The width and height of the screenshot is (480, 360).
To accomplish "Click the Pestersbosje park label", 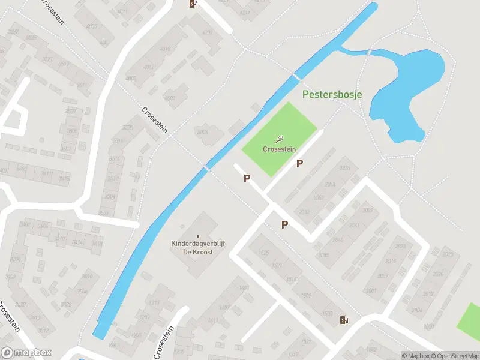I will pyautogui.click(x=332, y=94).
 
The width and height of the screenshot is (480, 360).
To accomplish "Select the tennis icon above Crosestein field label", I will pyautogui.click(x=278, y=139).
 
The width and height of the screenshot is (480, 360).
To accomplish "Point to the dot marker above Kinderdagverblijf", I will pyautogui.click(x=198, y=236).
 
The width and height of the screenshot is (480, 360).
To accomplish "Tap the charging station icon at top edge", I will pyautogui.click(x=193, y=4).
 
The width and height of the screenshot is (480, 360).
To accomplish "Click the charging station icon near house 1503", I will pyautogui.click(x=344, y=320).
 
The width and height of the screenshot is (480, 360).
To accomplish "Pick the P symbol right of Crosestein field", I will pyautogui.click(x=299, y=163).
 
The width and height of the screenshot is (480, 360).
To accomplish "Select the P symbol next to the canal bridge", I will pyautogui.click(x=247, y=178).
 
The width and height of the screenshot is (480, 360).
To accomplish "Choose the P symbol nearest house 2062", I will pyautogui.click(x=285, y=224).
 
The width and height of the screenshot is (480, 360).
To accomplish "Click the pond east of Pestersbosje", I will pyautogui.click(x=408, y=96).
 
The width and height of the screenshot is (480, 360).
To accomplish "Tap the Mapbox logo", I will pyautogui.click(x=26, y=353).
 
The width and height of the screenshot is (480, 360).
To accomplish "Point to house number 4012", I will pyautogui.click(x=148, y=67).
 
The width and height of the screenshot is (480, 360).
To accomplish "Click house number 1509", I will pyautogui.click(x=306, y=295).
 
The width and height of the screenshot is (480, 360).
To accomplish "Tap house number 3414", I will pyautogui.click(x=77, y=242).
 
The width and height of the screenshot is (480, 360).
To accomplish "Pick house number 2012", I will pyautogui.click(x=427, y=294).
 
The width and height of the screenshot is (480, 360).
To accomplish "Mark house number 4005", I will pyautogui.click(x=92, y=26).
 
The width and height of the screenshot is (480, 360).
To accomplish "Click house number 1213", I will pyautogui.click(x=154, y=303).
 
